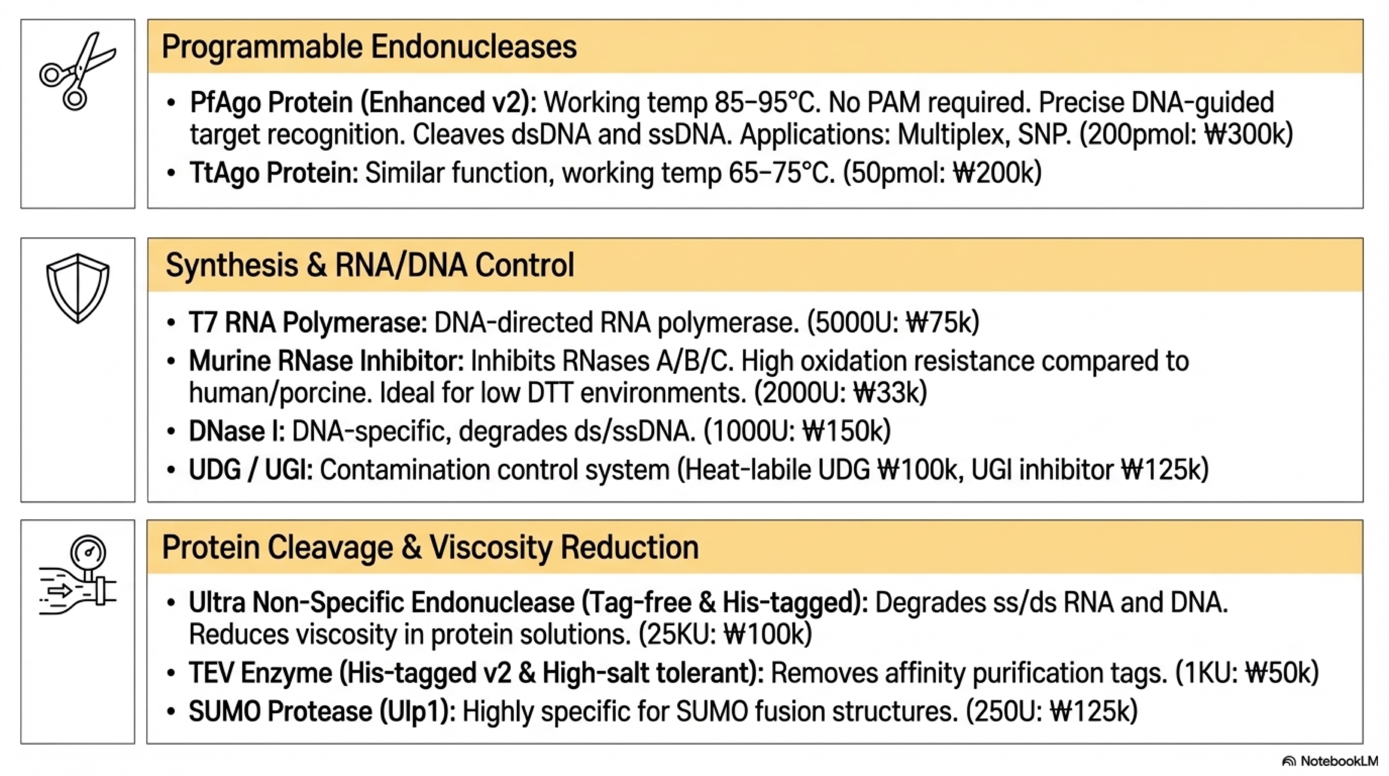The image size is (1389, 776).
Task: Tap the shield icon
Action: [78, 288]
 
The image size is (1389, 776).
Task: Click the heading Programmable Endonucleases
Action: [369, 47]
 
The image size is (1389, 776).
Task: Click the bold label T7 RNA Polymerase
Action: [308, 323]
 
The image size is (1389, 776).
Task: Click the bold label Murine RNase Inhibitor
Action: [326, 361]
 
